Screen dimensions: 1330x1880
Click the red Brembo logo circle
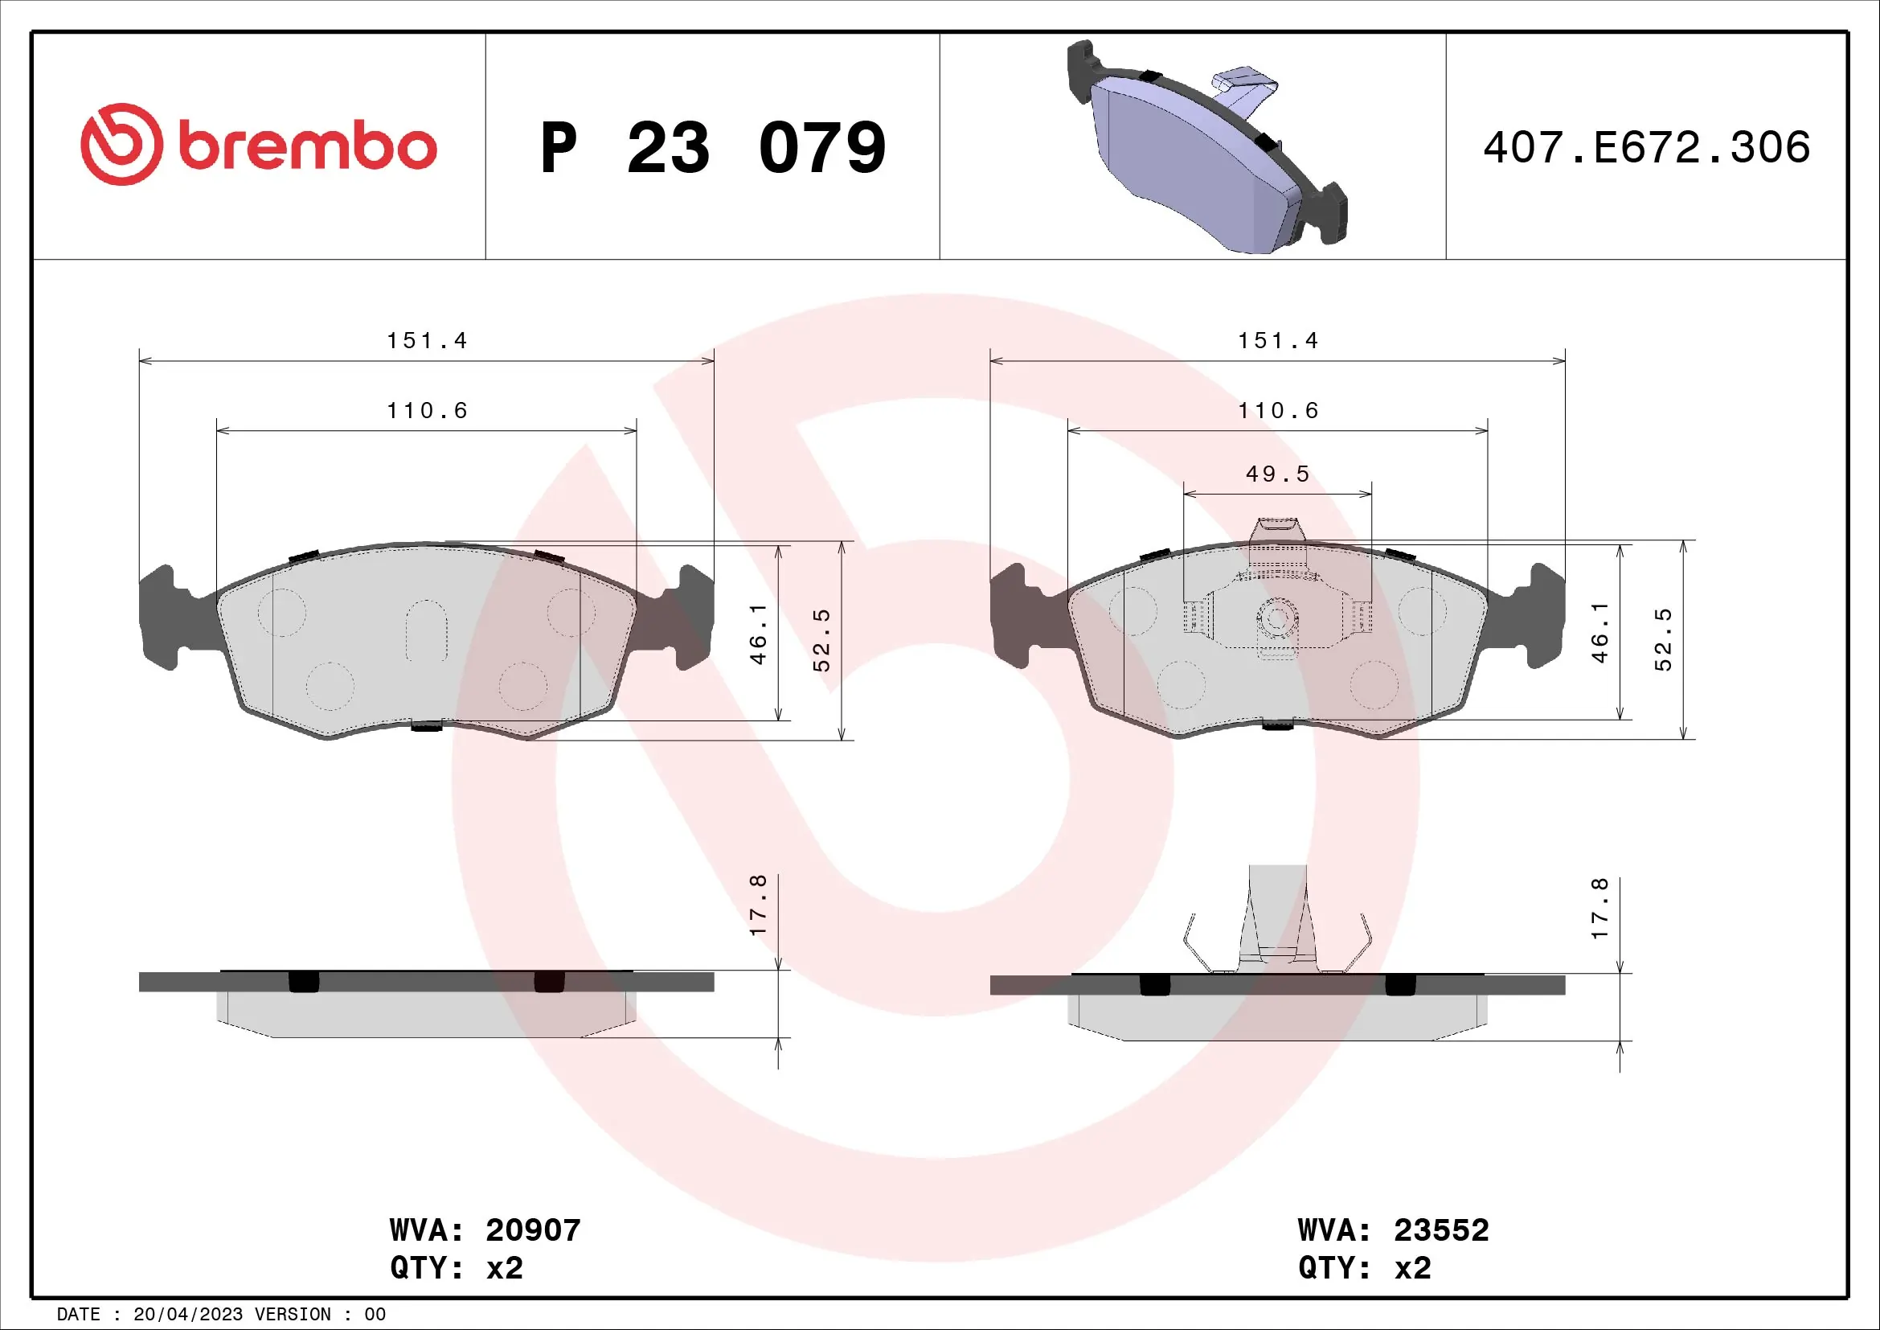click(121, 144)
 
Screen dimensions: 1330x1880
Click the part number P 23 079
click(712, 148)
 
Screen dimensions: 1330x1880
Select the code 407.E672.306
click(1646, 148)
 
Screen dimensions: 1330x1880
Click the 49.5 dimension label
click(1277, 474)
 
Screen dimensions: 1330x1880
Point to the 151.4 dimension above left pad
click(427, 341)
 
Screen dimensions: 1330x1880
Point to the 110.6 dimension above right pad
click(1277, 411)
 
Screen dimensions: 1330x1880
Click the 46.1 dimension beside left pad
click(758, 634)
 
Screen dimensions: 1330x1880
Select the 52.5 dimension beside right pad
click(1663, 639)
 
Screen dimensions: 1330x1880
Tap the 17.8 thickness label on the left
click(758, 905)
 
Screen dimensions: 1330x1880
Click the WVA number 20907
click(533, 1230)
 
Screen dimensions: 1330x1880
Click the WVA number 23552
click(1441, 1230)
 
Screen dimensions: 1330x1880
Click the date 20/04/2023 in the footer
click(187, 1315)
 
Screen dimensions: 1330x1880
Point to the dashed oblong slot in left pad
click(426, 630)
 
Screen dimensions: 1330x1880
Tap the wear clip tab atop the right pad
click(1276, 532)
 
